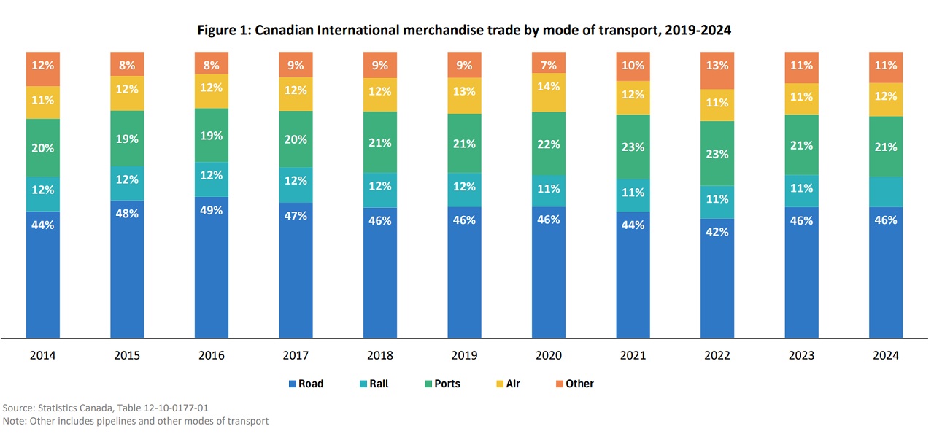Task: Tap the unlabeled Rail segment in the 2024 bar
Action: tap(885, 192)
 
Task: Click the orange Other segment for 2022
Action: tap(717, 70)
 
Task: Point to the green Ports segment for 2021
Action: tap(633, 147)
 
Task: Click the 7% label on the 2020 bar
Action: tap(548, 65)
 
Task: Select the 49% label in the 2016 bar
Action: tap(211, 210)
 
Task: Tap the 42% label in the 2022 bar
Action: tap(717, 231)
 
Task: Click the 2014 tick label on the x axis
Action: tap(42, 356)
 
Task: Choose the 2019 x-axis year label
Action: tap(464, 356)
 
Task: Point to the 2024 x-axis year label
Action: tap(885, 356)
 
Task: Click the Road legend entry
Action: tap(306, 384)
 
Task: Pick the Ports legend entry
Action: tap(442, 384)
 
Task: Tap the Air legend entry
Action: tap(507, 384)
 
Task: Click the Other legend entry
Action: tap(574, 384)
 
